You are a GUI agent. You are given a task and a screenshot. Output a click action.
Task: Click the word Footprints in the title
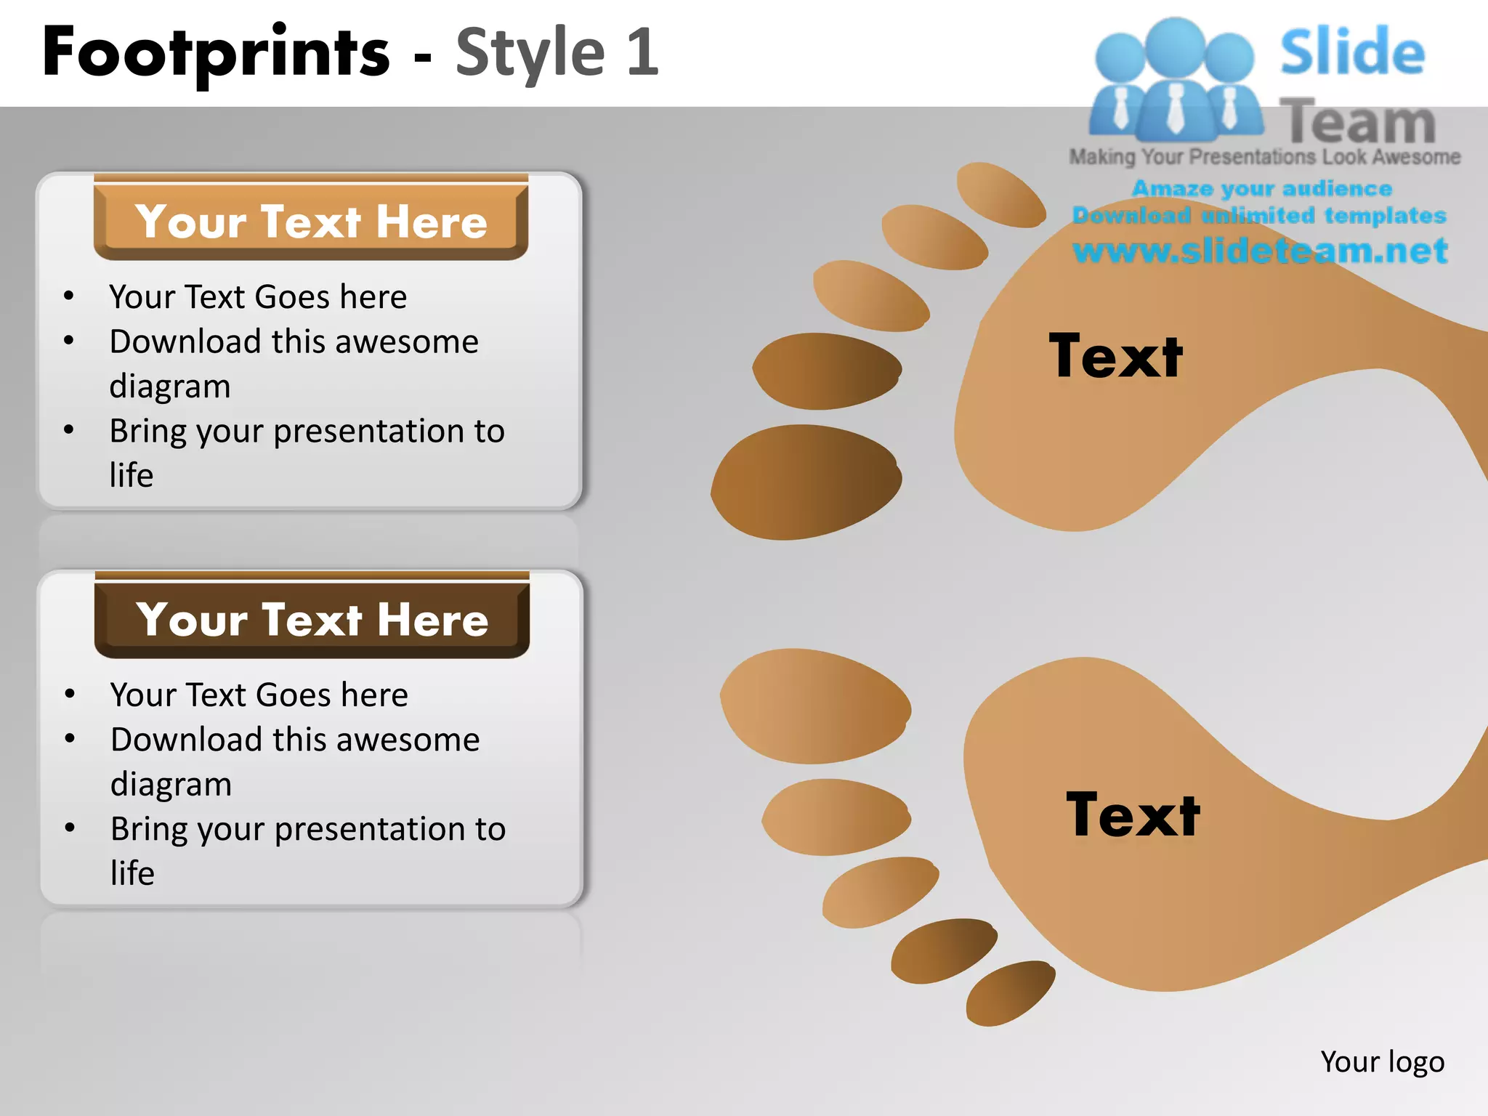coord(216,52)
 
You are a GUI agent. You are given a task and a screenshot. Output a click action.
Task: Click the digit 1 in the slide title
coord(642,52)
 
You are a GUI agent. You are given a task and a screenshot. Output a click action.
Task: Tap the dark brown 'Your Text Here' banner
coord(312,619)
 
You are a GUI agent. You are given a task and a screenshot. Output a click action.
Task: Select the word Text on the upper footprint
coord(1115,356)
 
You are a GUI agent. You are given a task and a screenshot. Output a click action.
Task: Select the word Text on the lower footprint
coord(1133,815)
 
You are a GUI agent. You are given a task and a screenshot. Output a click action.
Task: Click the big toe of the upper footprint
coord(806,482)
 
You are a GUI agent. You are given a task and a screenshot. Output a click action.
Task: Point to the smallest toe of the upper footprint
coord(1001,195)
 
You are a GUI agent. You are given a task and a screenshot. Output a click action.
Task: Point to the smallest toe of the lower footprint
coord(1010,993)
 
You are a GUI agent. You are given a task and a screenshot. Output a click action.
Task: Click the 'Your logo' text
coord(1382,1062)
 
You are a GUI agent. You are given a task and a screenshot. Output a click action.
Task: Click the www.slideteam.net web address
coord(1260,251)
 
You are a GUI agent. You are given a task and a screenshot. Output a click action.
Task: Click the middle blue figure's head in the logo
coord(1176,45)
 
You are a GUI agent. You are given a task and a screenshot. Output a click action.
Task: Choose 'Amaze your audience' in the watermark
coord(1261,189)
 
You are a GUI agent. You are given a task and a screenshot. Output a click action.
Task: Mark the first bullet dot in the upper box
coord(69,296)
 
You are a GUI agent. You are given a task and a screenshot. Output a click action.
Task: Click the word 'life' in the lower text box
coord(132,873)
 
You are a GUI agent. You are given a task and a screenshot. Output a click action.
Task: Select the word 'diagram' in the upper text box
coord(170,386)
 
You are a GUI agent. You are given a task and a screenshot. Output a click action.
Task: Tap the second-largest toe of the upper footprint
coord(827,371)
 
